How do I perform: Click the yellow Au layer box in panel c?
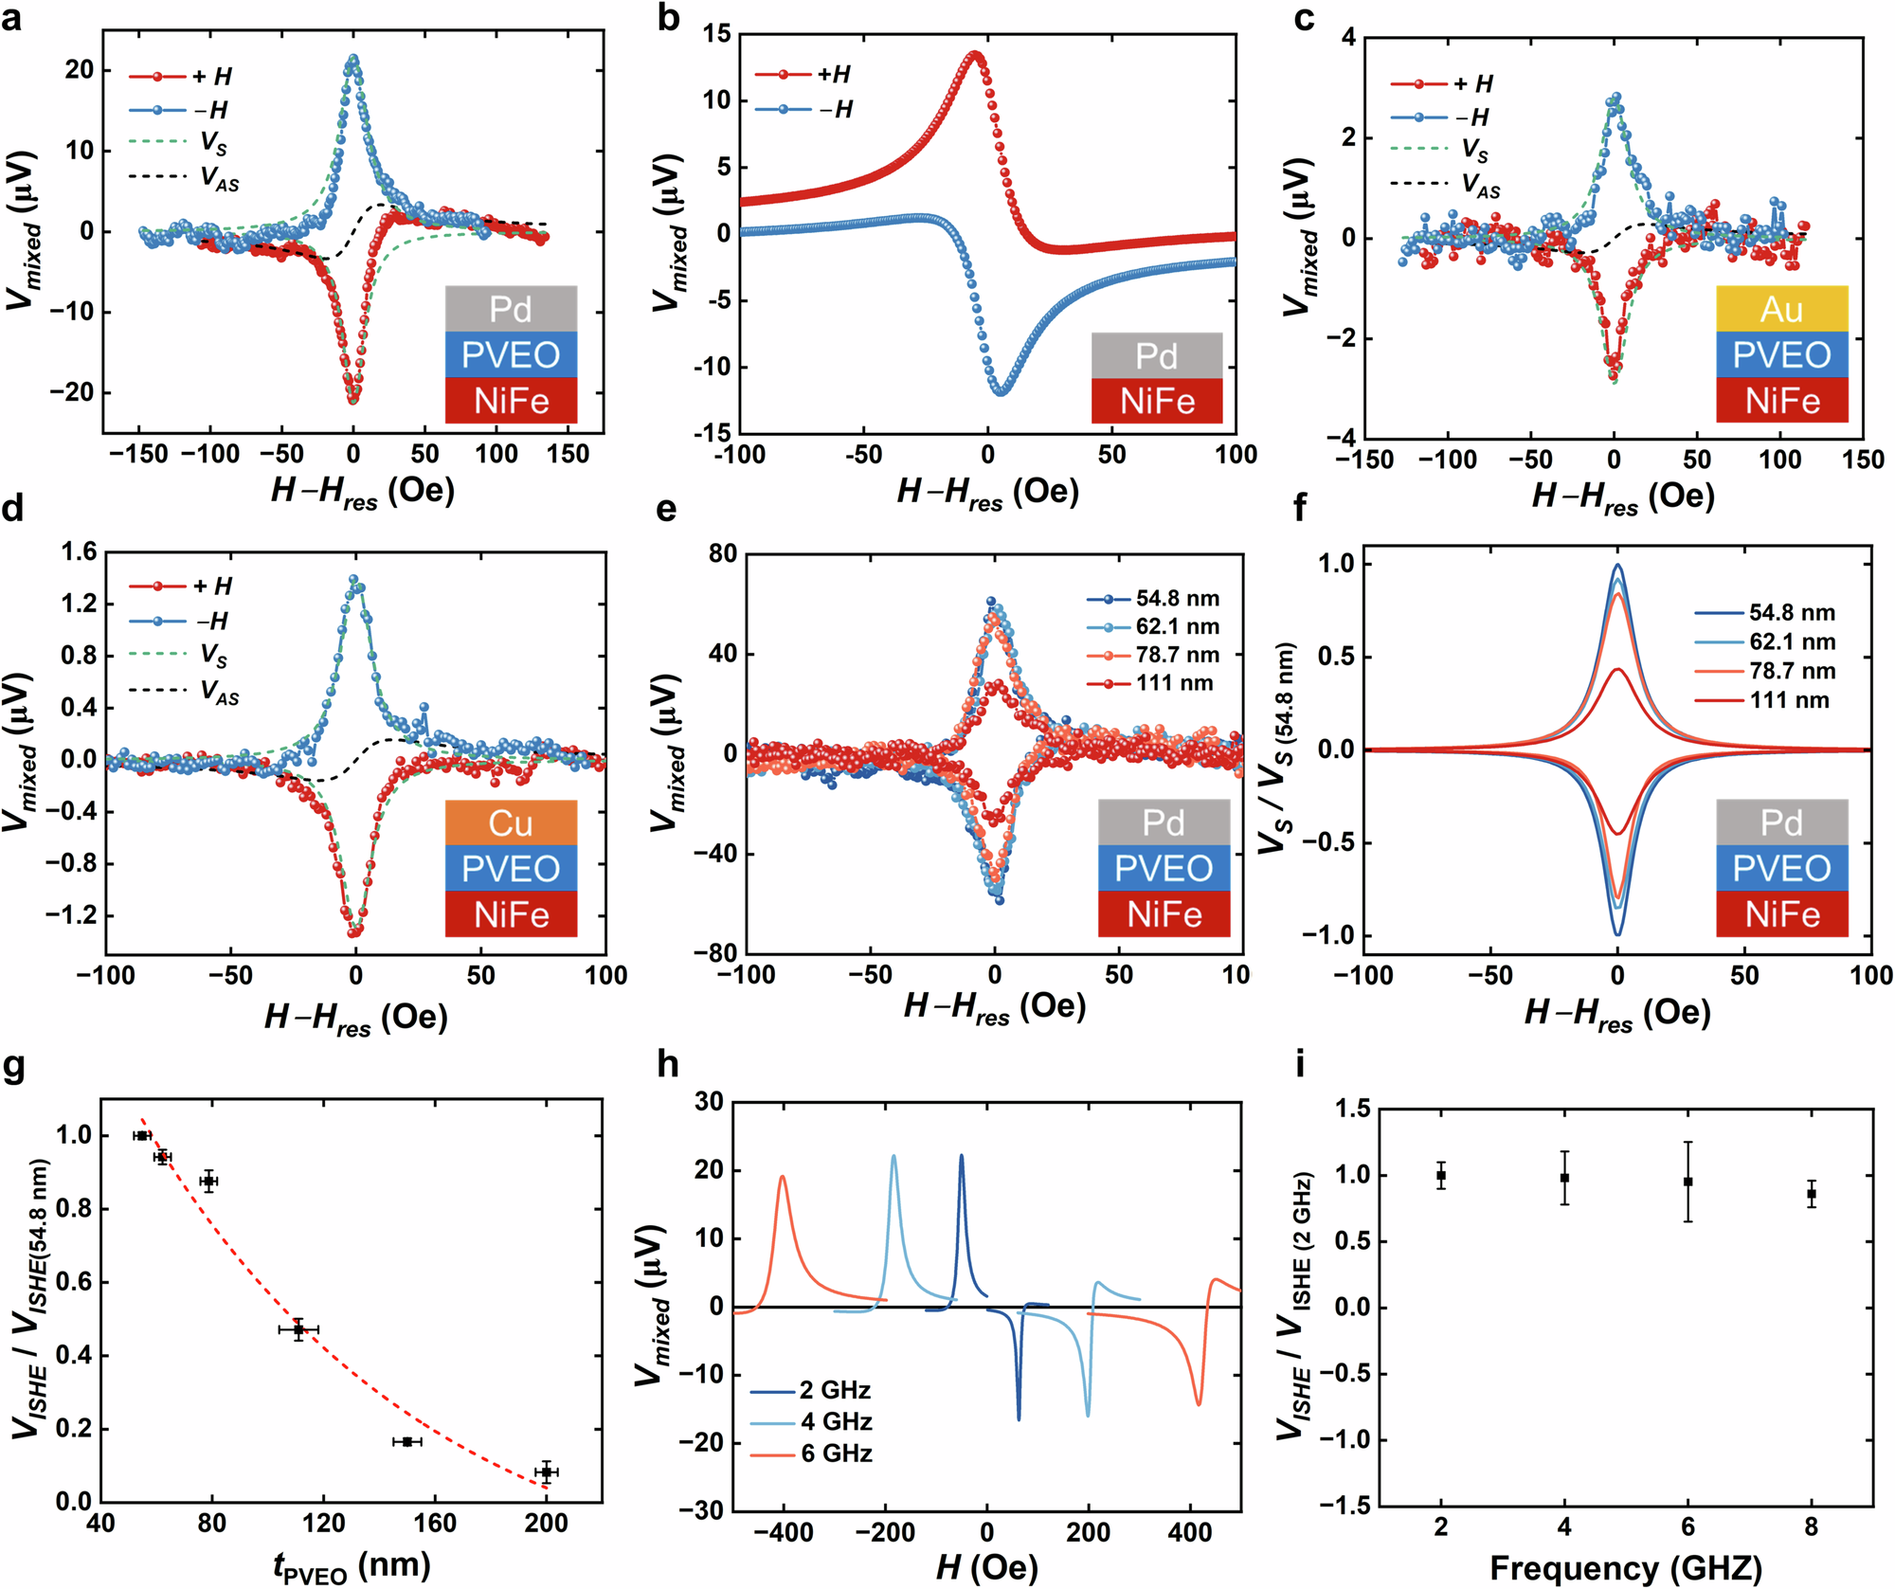[1781, 309]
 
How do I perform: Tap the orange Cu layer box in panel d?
[511, 822]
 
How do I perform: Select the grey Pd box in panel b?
[1156, 356]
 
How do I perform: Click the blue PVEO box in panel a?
[511, 354]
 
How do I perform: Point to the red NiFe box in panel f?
[1781, 914]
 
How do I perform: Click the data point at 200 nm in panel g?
[546, 1472]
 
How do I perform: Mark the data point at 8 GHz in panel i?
[1812, 1194]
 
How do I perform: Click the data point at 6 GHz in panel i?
[1687, 1182]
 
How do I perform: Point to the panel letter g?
[14, 1065]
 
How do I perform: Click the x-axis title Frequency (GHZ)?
[1625, 1567]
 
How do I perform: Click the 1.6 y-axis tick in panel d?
[79, 552]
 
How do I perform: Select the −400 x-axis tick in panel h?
[783, 1532]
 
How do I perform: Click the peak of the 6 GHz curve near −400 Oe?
[783, 1177]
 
